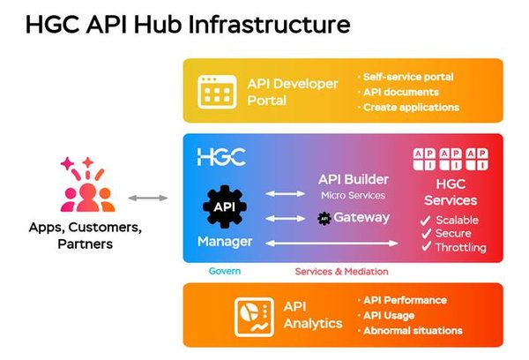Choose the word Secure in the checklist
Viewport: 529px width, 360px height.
tap(452, 233)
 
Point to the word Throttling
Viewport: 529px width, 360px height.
tap(460, 248)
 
